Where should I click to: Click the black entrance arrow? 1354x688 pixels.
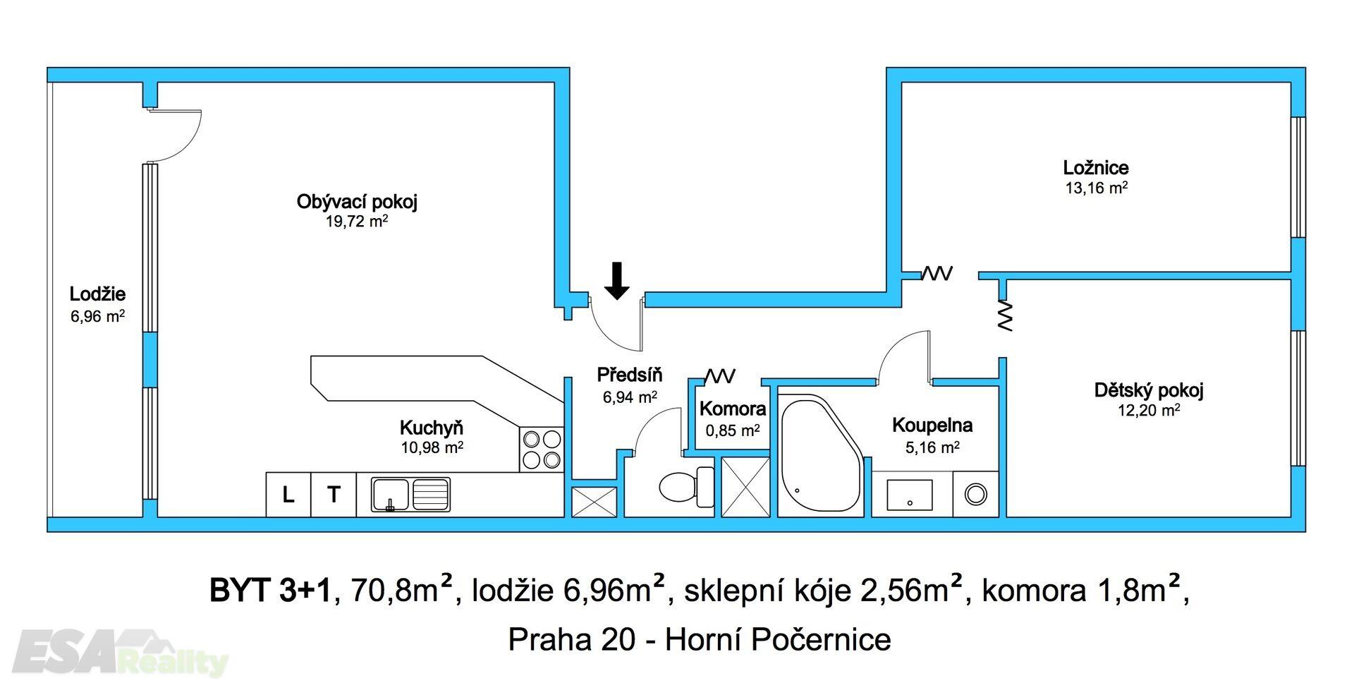click(617, 280)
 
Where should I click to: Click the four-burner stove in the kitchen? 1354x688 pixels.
click(542, 449)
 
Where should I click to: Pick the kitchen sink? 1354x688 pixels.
click(410, 494)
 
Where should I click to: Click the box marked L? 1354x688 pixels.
click(288, 495)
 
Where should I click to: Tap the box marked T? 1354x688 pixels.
click(334, 495)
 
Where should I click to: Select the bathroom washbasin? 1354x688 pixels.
click(910, 495)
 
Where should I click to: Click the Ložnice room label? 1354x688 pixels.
click(1095, 168)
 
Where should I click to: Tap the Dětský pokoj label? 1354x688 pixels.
click(1148, 390)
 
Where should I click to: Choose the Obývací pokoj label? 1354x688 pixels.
click(357, 202)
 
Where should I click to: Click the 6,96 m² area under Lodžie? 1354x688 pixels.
click(97, 317)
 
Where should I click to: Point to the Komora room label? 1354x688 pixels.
click(733, 409)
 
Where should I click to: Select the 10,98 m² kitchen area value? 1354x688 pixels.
click(432, 447)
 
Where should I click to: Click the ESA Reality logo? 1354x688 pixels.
click(120, 653)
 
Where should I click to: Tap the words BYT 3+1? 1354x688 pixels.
click(269, 591)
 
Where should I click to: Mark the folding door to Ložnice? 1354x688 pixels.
click(938, 273)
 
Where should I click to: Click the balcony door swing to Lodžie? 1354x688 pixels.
click(175, 134)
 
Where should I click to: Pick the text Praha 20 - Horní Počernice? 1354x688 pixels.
click(699, 639)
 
